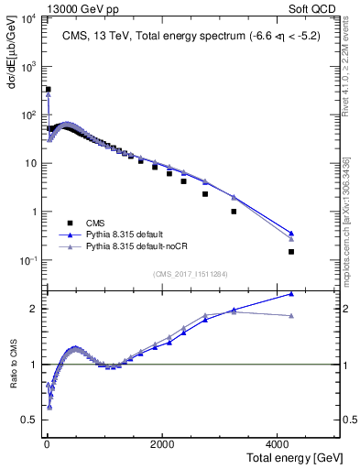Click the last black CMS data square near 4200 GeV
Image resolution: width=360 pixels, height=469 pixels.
coord(291,252)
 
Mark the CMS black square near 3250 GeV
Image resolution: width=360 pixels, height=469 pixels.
coord(234,212)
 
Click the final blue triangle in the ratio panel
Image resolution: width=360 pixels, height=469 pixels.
coord(291,294)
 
